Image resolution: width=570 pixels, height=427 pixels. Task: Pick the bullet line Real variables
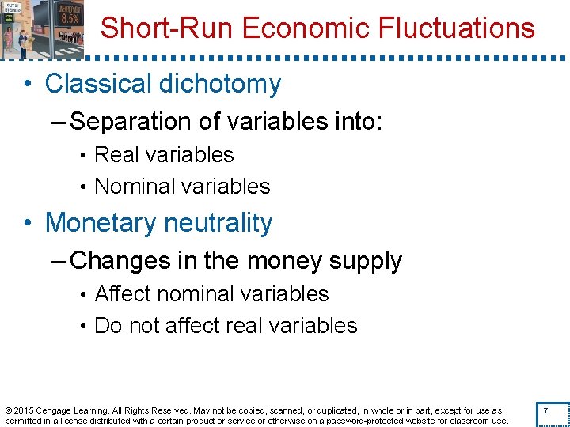point(164,155)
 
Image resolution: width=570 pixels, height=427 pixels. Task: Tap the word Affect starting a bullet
point(123,294)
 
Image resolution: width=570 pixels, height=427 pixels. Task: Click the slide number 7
point(545,413)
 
